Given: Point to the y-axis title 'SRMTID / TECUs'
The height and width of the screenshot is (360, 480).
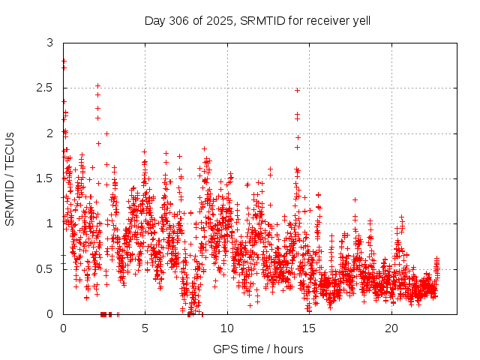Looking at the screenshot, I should [x=10, y=179].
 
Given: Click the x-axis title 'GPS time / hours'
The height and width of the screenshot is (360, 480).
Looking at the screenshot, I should [x=258, y=349].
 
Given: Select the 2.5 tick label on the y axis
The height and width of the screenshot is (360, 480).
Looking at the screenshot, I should [x=46, y=88].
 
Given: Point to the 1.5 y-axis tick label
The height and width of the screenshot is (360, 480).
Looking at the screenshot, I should [x=46, y=178].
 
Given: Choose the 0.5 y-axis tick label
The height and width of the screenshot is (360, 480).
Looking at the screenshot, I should [x=46, y=268].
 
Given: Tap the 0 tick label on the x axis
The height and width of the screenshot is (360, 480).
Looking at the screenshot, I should [x=63, y=328].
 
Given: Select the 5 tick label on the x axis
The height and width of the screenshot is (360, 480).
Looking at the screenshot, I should [x=145, y=328].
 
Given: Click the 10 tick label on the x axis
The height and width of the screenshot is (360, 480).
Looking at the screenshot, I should [x=227, y=328].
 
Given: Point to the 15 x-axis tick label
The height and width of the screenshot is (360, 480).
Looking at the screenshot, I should [x=309, y=328].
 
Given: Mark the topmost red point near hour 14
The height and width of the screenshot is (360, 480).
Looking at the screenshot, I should [x=297, y=90].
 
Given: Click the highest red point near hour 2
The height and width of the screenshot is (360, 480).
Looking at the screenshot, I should [x=97, y=85].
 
